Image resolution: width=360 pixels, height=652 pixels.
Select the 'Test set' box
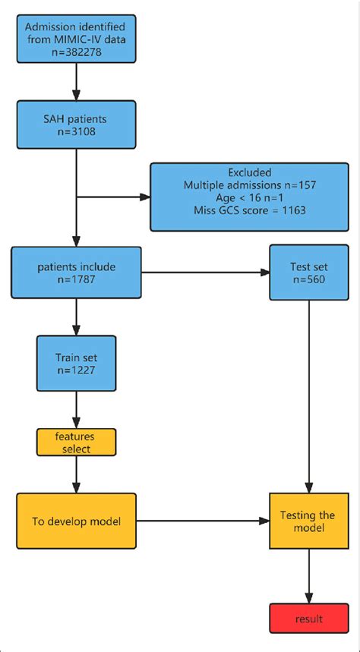[309, 273]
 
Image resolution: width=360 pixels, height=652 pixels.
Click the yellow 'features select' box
[75, 443]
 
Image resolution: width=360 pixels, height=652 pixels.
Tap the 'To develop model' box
[75, 521]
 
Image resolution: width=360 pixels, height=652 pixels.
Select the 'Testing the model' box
[309, 521]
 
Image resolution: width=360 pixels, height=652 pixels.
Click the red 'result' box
[309, 619]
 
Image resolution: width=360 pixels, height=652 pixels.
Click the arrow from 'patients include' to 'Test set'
[205, 273]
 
